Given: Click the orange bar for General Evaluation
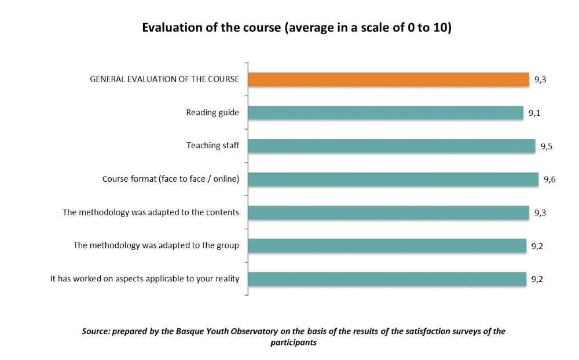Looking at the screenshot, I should coord(388,79).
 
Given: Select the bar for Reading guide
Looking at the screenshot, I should coord(385,113).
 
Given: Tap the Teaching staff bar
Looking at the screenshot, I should coord(391,146).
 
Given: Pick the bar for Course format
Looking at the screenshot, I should coord(393,179).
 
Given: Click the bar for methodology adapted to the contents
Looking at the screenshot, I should coord(388,212).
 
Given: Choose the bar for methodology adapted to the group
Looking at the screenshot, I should coord(387,245).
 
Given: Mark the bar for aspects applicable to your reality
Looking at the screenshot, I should coord(387,279).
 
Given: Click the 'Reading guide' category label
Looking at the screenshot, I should coord(212,112).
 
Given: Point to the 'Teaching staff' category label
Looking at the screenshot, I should coord(212,146).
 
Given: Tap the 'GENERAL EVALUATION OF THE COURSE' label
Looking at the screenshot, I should coord(164,79).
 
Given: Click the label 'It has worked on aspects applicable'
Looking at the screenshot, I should coord(145,279).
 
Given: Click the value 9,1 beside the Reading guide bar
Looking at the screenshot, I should coord(534,113).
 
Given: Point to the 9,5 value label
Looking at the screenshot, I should coord(546,146).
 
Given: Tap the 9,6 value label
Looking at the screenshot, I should coord(549,180).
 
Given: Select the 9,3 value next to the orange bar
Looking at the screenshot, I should coord(540,80).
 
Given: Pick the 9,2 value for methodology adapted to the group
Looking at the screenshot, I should coord(537,246).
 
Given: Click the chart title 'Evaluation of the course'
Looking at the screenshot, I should coord(296,28).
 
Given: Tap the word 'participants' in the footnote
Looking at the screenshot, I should coord(294,342).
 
